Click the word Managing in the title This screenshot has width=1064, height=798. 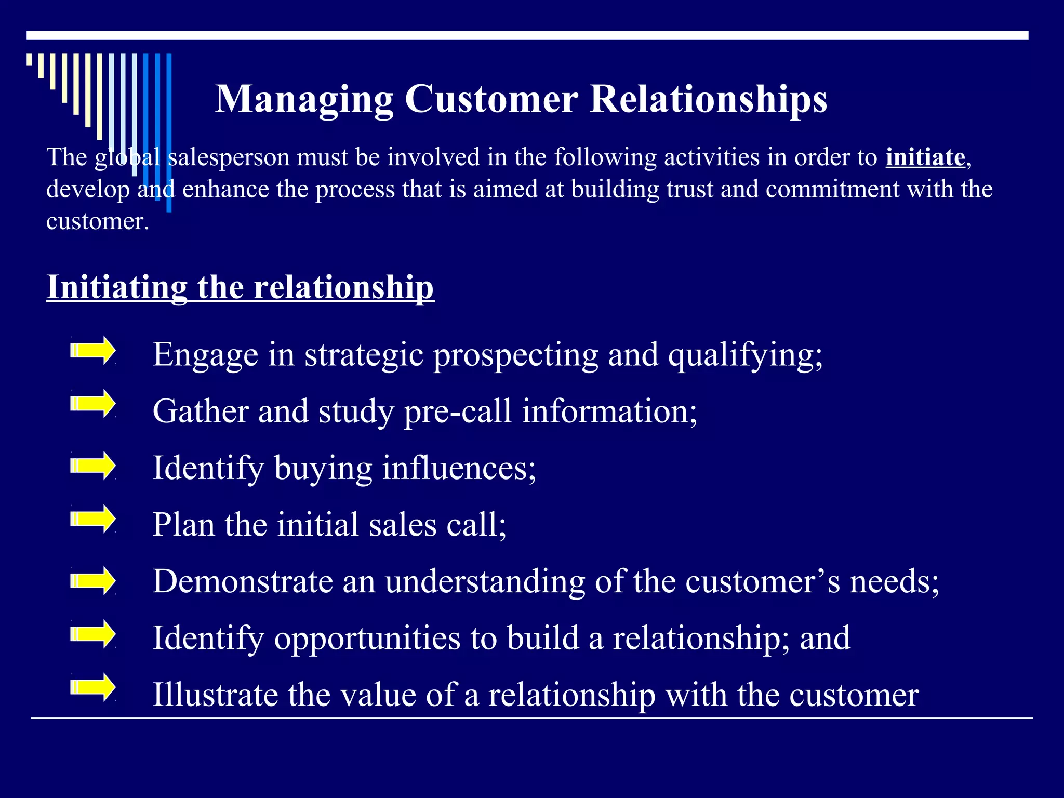304,99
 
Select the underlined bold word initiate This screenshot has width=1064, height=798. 925,157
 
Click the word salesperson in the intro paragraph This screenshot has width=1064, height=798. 229,157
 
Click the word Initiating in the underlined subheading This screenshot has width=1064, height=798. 117,287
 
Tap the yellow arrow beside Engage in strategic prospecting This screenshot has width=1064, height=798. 94,351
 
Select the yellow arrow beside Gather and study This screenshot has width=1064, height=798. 94,404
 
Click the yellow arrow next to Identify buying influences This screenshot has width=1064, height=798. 94,465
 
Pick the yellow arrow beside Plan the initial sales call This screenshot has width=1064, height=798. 94,518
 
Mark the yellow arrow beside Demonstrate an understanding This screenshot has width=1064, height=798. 94,581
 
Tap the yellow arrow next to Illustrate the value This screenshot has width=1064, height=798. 94,687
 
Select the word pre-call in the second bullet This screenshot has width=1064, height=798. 458,412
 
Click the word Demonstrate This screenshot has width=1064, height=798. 243,581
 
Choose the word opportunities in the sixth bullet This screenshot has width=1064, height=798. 367,639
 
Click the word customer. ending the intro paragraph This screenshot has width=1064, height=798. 98,221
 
